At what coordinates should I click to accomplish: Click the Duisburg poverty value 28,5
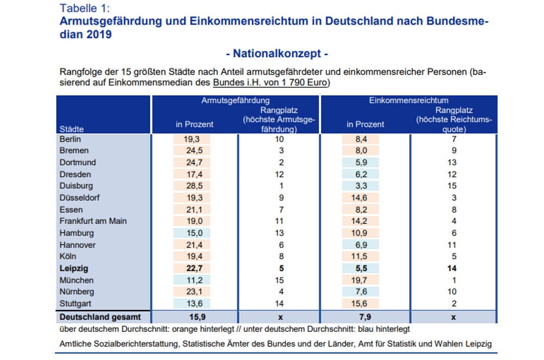click(x=194, y=185)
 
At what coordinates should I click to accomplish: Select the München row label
click(x=76, y=280)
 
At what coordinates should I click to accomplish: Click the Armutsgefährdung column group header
click(x=235, y=101)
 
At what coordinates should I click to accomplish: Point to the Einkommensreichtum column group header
click(x=409, y=101)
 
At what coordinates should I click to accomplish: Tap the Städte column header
click(x=71, y=129)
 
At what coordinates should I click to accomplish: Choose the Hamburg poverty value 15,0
click(x=194, y=233)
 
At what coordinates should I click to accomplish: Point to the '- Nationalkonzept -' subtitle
click(x=276, y=54)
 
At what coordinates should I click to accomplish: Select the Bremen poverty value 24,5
click(x=194, y=150)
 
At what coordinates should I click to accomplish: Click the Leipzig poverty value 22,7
click(x=194, y=268)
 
